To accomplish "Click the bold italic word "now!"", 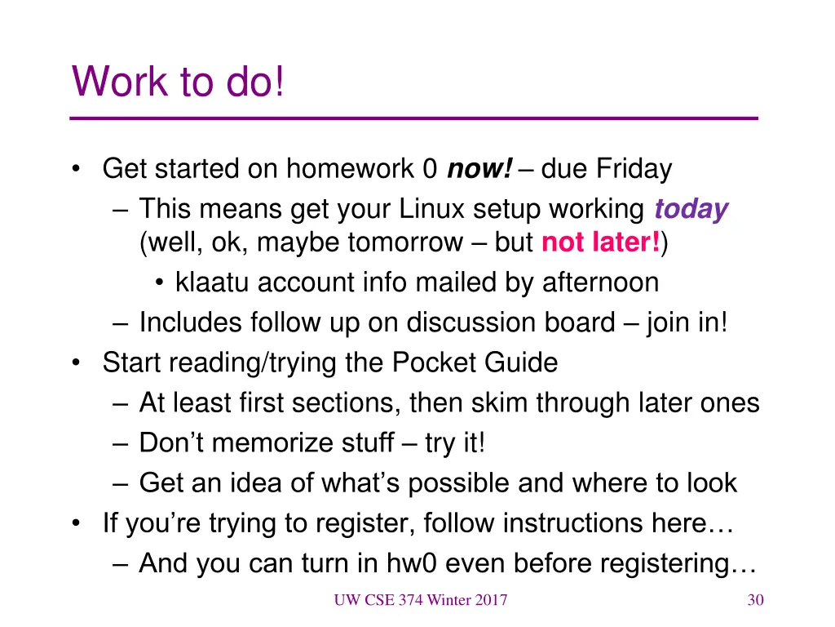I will tap(479, 170).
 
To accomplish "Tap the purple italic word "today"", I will tap(691, 210).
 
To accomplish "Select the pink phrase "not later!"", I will tap(601, 242).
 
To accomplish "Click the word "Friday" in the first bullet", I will tap(634, 170).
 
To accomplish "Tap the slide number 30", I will tap(755, 601).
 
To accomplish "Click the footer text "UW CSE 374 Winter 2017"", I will tap(420, 601).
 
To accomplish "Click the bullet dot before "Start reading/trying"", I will tap(76, 362).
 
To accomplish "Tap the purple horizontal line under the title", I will tap(414, 119).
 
